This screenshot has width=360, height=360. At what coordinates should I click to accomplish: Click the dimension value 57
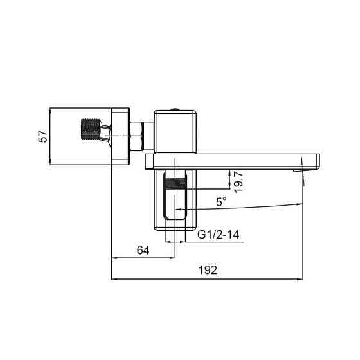[x=43, y=136]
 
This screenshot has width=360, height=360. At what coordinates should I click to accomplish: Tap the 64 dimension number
[x=143, y=251]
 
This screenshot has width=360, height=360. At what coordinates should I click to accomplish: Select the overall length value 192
[x=207, y=271]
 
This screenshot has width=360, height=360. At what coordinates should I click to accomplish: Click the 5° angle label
[x=221, y=201]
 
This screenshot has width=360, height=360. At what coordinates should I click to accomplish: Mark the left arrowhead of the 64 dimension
[x=115, y=259]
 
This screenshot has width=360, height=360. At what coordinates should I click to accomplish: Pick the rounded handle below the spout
[x=176, y=206]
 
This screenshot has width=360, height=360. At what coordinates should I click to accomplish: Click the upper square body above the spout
[x=177, y=131]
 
